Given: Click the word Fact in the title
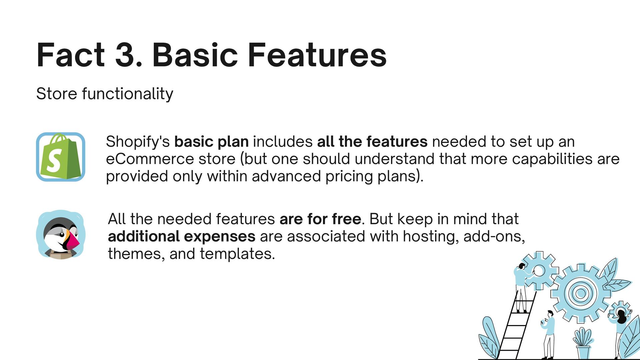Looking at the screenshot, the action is pyautogui.click(x=71, y=55).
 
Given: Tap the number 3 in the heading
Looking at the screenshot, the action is pyautogui.click(x=126, y=55).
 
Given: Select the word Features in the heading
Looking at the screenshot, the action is pyautogui.click(x=317, y=55).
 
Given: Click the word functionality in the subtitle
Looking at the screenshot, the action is pyautogui.click(x=128, y=94).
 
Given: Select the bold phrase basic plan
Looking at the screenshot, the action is pyautogui.click(x=212, y=142).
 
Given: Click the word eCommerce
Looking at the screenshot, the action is pyautogui.click(x=150, y=159).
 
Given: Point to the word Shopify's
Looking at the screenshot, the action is pyautogui.click(x=138, y=142).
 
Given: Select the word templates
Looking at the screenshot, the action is pyautogui.click(x=237, y=254).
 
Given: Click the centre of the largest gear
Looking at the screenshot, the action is pyautogui.click(x=581, y=293).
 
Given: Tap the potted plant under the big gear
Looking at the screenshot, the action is pyautogui.click(x=583, y=343).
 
